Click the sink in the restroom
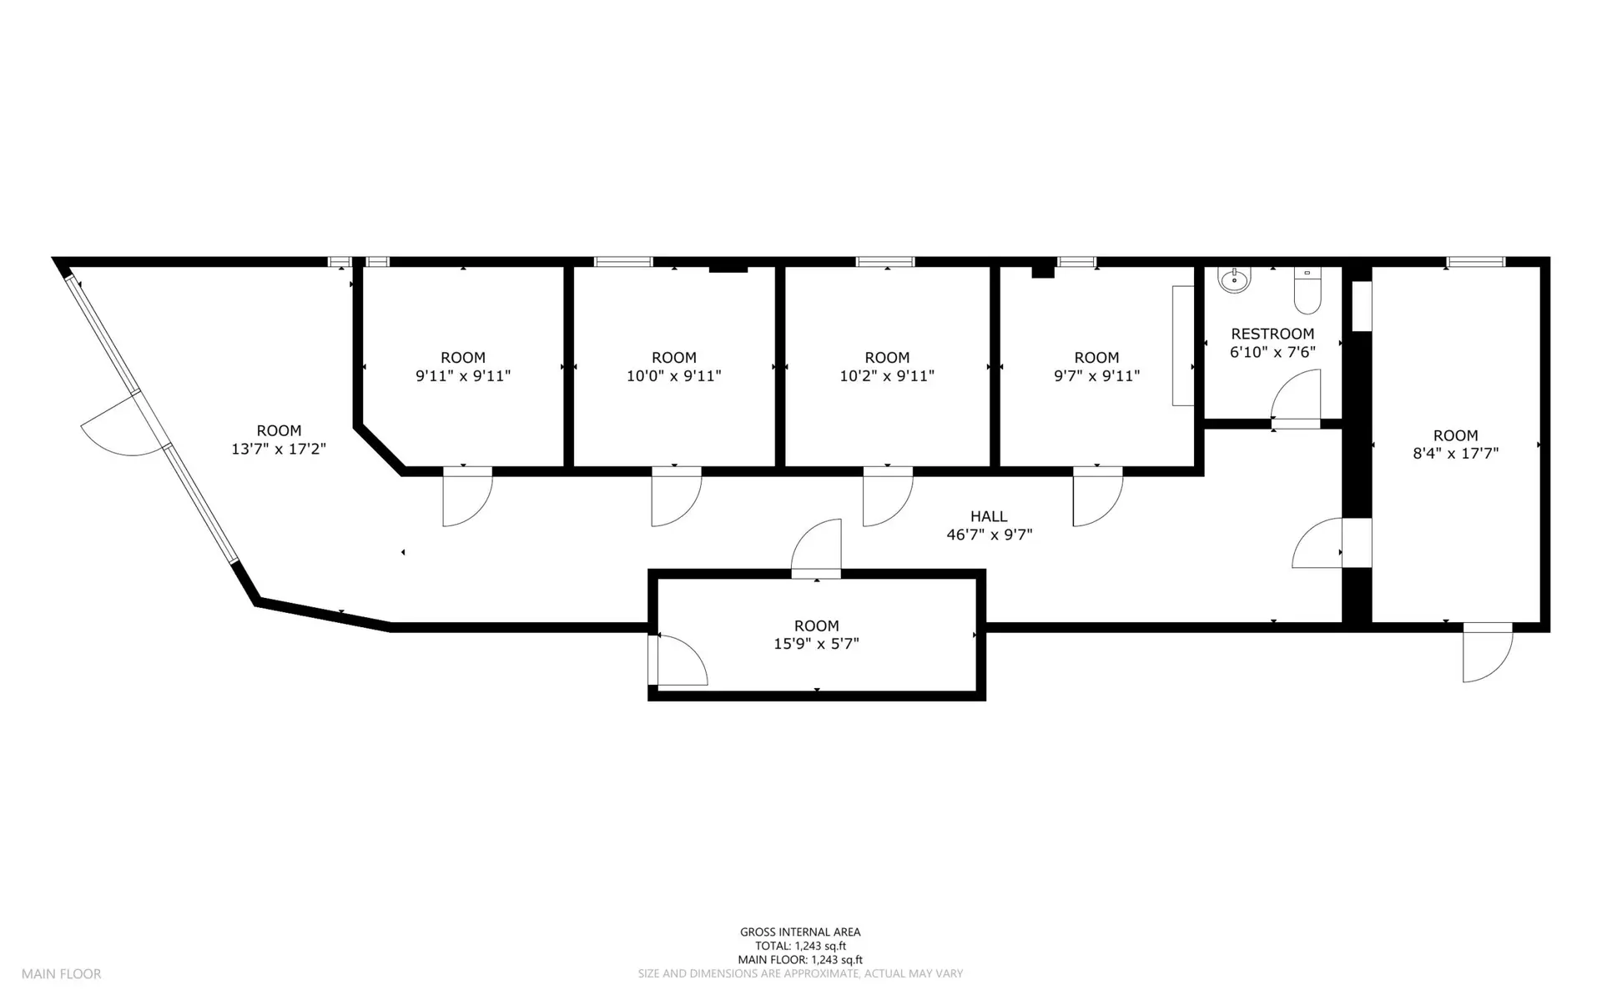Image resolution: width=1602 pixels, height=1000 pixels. [x=1233, y=280]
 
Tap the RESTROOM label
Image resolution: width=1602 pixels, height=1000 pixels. [x=1272, y=334]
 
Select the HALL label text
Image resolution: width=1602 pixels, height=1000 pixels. [x=989, y=516]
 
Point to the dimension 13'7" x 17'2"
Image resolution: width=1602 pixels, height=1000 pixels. [x=279, y=449]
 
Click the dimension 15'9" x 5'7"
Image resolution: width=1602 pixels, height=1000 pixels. [x=816, y=644]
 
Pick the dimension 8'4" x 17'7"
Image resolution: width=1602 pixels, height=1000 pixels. [x=1455, y=454]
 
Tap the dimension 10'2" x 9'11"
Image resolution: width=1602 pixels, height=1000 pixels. [x=887, y=376]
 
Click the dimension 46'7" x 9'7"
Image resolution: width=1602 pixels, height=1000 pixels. [x=989, y=535]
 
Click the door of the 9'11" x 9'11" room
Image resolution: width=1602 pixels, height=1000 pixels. [x=467, y=497]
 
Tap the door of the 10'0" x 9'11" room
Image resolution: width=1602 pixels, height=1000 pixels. [x=676, y=497]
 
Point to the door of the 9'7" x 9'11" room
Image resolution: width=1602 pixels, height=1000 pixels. [x=1098, y=497]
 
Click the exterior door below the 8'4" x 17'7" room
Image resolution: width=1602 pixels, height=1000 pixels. [x=1488, y=652]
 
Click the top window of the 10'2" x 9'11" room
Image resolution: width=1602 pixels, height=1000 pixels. [x=885, y=262]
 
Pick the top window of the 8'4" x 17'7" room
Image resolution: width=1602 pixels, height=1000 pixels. [x=1476, y=262]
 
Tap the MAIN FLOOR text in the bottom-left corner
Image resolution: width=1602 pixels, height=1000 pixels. [x=61, y=973]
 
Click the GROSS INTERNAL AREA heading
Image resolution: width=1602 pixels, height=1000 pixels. [x=800, y=932]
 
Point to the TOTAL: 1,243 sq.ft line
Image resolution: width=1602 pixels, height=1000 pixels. [x=800, y=946]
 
